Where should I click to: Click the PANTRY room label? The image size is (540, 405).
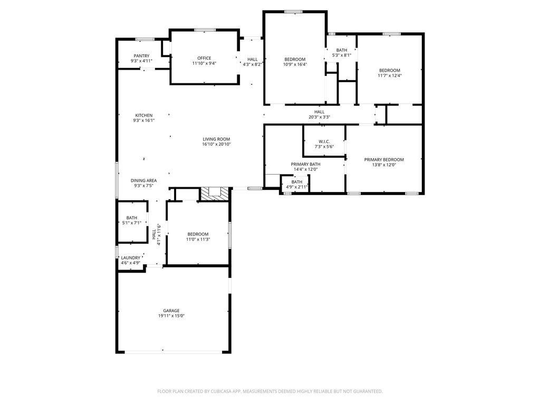tap(141, 56)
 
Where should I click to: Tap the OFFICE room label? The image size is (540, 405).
tap(204, 58)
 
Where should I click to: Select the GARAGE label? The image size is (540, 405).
tap(171, 311)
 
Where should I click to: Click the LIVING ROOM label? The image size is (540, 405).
tap(216, 139)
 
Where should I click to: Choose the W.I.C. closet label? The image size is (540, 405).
tap(324, 141)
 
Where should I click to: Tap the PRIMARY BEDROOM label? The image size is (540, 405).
tap(384, 160)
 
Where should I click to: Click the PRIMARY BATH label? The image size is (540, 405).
tap(305, 165)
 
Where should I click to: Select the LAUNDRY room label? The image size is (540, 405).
tap(131, 258)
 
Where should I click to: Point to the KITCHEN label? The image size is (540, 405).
tap(143, 115)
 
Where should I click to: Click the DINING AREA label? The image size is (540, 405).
tap(143, 180)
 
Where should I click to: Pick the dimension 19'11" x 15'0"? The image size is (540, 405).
tap(171, 316)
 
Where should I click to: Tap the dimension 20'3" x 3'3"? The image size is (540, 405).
tap(319, 117)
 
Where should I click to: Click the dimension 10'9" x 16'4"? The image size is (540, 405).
tap(295, 64)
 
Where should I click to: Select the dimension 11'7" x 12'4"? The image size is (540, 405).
tap(390, 75)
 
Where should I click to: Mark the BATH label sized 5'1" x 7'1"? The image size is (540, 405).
tap(131, 218)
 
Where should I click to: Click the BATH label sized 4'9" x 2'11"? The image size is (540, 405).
tap(297, 182)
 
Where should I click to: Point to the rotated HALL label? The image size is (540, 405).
tap(154, 235)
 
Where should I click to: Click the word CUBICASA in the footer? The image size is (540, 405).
tap(223, 391)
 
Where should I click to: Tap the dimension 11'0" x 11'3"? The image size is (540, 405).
tap(198, 239)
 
